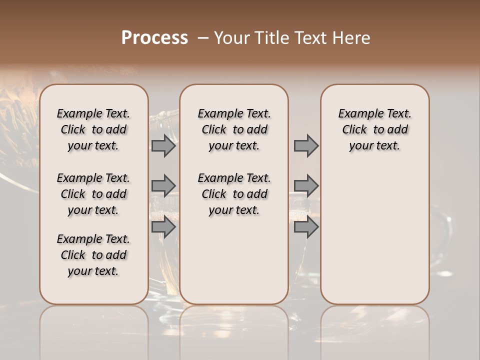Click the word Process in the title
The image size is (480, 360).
click(154, 38)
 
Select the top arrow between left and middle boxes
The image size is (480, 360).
click(163, 146)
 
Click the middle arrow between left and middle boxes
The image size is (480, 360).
click(163, 186)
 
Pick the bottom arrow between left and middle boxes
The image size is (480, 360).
click(163, 227)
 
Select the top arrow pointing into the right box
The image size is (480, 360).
click(306, 146)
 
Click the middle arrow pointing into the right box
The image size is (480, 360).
click(306, 186)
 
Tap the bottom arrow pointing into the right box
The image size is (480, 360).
click(306, 227)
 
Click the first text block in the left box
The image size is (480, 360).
click(93, 129)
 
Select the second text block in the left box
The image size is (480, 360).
click(93, 194)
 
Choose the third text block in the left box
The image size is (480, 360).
click(93, 255)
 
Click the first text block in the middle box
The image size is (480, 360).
click(234, 129)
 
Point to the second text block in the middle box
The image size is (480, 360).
click(234, 194)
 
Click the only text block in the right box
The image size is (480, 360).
click(374, 129)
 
